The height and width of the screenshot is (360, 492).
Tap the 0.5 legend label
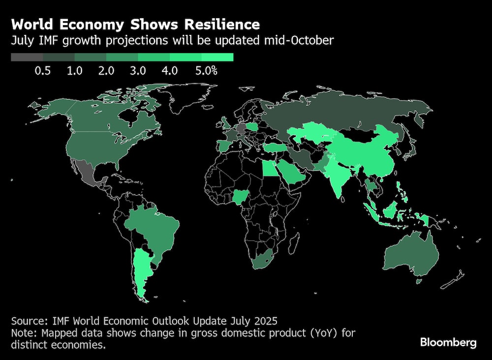pos(43,71)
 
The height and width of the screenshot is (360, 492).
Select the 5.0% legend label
pos(206,71)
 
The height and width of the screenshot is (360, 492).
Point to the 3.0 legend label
pos(138,71)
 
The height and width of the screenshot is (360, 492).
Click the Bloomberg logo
pos(448,343)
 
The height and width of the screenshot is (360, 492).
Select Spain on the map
pos(224,146)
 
